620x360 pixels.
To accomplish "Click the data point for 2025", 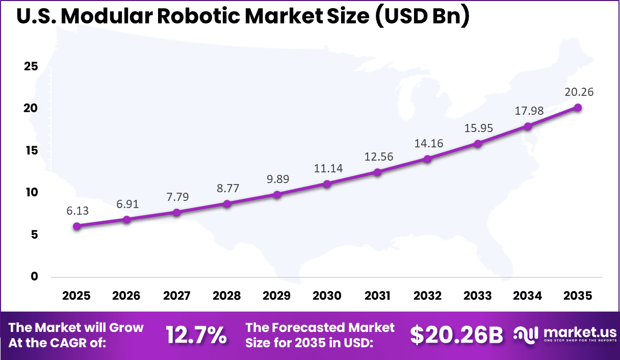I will coord(76,226).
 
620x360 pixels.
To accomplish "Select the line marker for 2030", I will coord(327,184).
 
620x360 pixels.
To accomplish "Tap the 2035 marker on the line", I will coord(578,107).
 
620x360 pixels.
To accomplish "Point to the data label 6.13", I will coord(76,211).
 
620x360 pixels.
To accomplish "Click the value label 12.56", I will coord(377,156).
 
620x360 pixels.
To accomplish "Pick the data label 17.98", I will coord(528,111).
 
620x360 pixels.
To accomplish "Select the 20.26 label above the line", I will coord(578,92).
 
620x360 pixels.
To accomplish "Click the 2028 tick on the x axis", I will coord(227,296).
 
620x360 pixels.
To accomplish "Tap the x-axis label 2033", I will coord(478,296).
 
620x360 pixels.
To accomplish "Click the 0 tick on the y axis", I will coord(34,276).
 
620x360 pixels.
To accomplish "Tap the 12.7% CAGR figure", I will coord(196,335).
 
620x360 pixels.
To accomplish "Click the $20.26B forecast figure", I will coord(456,335).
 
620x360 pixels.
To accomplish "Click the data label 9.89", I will coord(277,179).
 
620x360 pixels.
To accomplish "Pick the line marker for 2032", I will coord(427,159).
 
